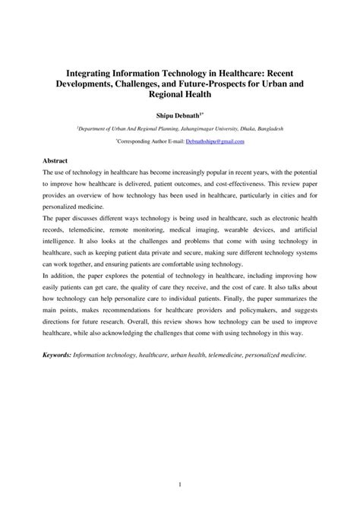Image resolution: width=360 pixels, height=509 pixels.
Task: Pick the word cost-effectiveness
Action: (x=227, y=185)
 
